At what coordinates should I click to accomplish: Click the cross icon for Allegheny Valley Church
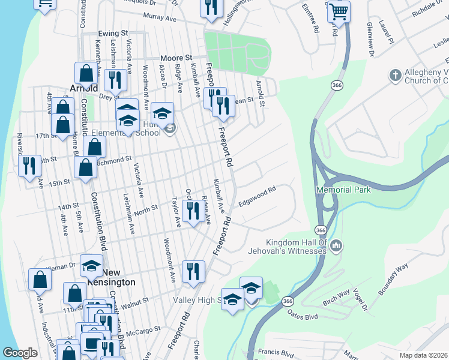(395, 75)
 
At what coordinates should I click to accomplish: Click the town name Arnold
(83, 88)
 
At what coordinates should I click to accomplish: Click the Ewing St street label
(113, 34)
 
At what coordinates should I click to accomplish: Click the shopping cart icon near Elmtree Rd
(339, 11)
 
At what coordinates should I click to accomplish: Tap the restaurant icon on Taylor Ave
(192, 211)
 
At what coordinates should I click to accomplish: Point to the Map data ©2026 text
(423, 355)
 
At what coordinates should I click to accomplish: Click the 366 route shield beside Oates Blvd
(288, 301)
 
